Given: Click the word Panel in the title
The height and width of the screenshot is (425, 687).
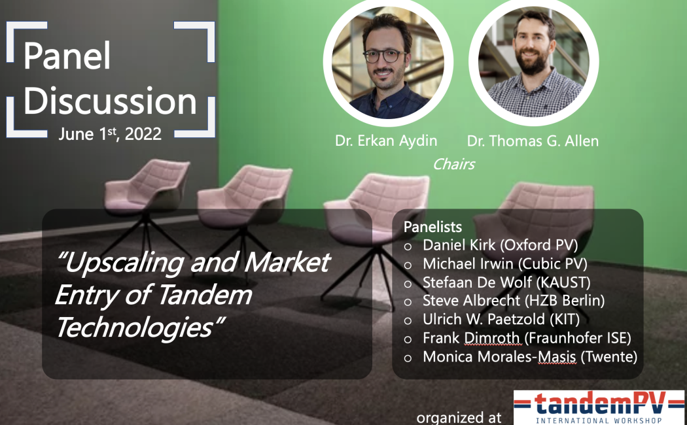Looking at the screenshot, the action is click(x=67, y=56).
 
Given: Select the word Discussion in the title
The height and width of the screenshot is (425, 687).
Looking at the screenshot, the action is click(x=110, y=101).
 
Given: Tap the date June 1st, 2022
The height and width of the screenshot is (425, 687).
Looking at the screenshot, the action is click(x=110, y=133).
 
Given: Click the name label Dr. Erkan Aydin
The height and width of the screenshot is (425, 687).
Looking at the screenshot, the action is click(x=386, y=141).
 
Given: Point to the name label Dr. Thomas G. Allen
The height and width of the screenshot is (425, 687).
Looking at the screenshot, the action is click(x=533, y=141).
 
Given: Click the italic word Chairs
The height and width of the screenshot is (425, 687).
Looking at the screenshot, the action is click(x=454, y=164).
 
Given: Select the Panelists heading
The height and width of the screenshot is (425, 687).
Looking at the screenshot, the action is click(x=432, y=227).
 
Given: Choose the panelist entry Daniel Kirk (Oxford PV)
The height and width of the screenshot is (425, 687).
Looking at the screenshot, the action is click(x=500, y=245).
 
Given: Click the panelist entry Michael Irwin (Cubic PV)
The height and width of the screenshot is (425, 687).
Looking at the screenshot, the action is click(x=504, y=263).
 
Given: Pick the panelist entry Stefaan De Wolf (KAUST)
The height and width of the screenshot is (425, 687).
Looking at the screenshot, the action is click(x=506, y=282).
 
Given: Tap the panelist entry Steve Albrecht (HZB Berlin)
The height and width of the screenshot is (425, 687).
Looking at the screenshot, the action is click(x=514, y=301).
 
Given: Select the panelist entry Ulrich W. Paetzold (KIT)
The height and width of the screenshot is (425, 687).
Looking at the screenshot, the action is click(x=501, y=319).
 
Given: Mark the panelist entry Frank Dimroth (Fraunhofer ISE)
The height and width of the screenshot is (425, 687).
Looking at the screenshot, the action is click(x=527, y=338).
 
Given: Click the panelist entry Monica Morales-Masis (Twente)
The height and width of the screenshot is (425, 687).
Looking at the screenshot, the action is click(x=530, y=357).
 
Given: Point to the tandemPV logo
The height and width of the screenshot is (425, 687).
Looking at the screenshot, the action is click(x=599, y=407).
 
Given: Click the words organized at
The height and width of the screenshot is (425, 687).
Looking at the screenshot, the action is click(x=459, y=418).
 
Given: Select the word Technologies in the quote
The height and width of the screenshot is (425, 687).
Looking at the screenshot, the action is click(x=140, y=327).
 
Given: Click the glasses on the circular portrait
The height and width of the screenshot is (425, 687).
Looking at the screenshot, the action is click(x=385, y=56).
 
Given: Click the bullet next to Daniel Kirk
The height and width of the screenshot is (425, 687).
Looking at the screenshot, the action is click(x=408, y=247).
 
